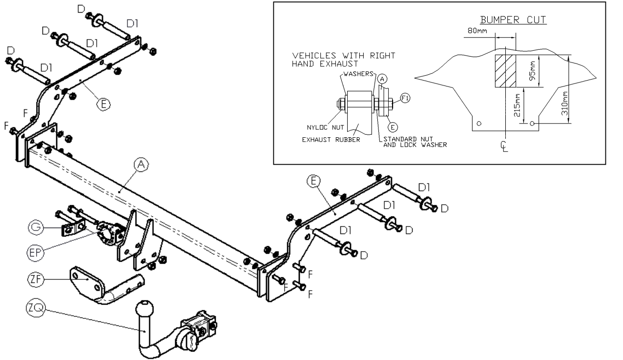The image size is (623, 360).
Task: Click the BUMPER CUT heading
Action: click(513, 20)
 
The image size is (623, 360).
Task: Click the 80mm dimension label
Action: click(478, 31)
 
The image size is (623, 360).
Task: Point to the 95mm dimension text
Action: click(532, 71)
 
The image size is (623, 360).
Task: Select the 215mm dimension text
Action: click(517, 105)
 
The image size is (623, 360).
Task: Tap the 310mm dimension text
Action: click(564, 104)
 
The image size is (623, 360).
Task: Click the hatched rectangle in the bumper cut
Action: click(505, 71)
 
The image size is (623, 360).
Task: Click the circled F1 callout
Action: click(405, 98)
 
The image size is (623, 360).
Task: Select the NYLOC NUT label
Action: click(325, 127)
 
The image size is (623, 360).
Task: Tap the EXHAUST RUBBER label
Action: click(331, 139)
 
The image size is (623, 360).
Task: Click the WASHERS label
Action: click(358, 74)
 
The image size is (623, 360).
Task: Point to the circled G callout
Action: click(36, 227)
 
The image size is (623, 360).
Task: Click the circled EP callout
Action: click(35, 253)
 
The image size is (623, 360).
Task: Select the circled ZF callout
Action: click(36, 279)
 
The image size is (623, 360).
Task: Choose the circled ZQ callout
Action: click(35, 308)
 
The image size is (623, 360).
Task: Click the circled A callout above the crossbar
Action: click(141, 165)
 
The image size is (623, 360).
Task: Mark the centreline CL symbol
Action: click(504, 147)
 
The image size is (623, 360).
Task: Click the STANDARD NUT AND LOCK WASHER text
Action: click(415, 142)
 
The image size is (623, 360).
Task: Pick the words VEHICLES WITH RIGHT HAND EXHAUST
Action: click(344, 60)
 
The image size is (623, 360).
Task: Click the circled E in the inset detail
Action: click(393, 127)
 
